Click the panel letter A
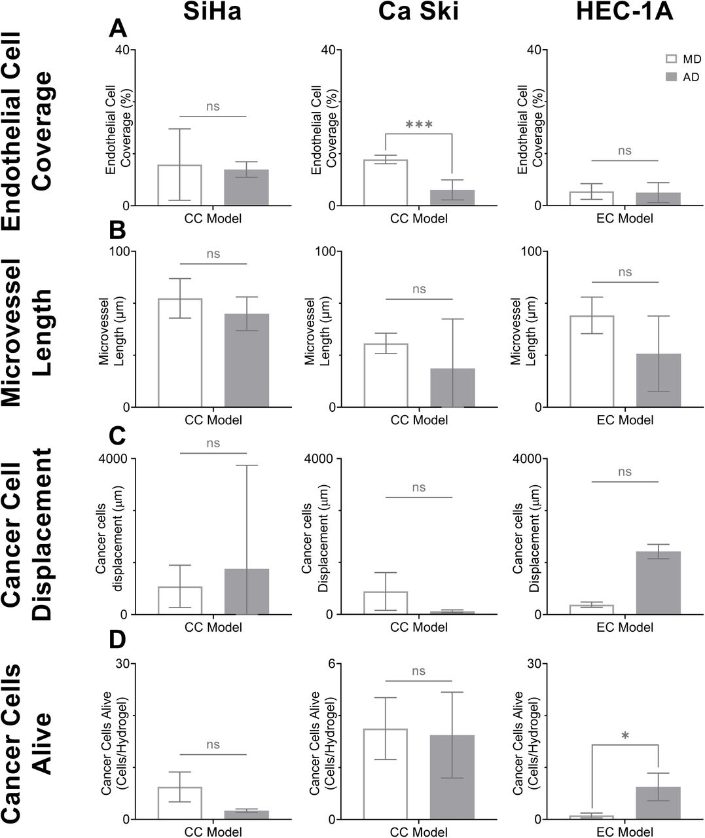click(118, 29)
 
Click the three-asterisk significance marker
click(419, 124)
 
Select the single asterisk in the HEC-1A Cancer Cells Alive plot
click(625, 737)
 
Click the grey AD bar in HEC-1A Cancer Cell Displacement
click(658, 583)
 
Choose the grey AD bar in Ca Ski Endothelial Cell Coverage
click(452, 198)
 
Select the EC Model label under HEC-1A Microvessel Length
click(624, 420)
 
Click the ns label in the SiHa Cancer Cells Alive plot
click(213, 744)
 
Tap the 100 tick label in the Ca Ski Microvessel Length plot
click(325, 251)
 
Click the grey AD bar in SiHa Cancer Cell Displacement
click(247, 591)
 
